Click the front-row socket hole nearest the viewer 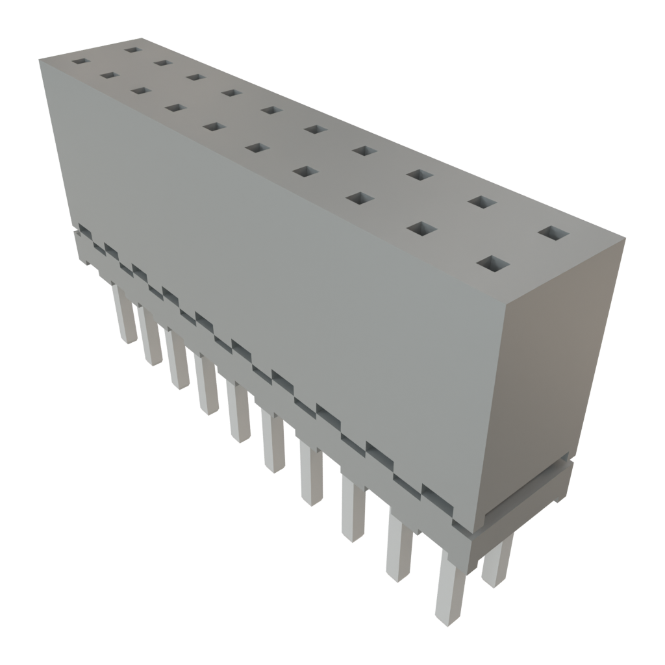click(494, 264)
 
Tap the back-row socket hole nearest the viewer click(553, 233)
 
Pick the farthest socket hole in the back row click(132, 49)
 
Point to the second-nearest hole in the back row click(482, 201)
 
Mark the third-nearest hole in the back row click(420, 174)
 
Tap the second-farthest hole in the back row click(162, 62)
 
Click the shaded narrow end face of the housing click(549, 370)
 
